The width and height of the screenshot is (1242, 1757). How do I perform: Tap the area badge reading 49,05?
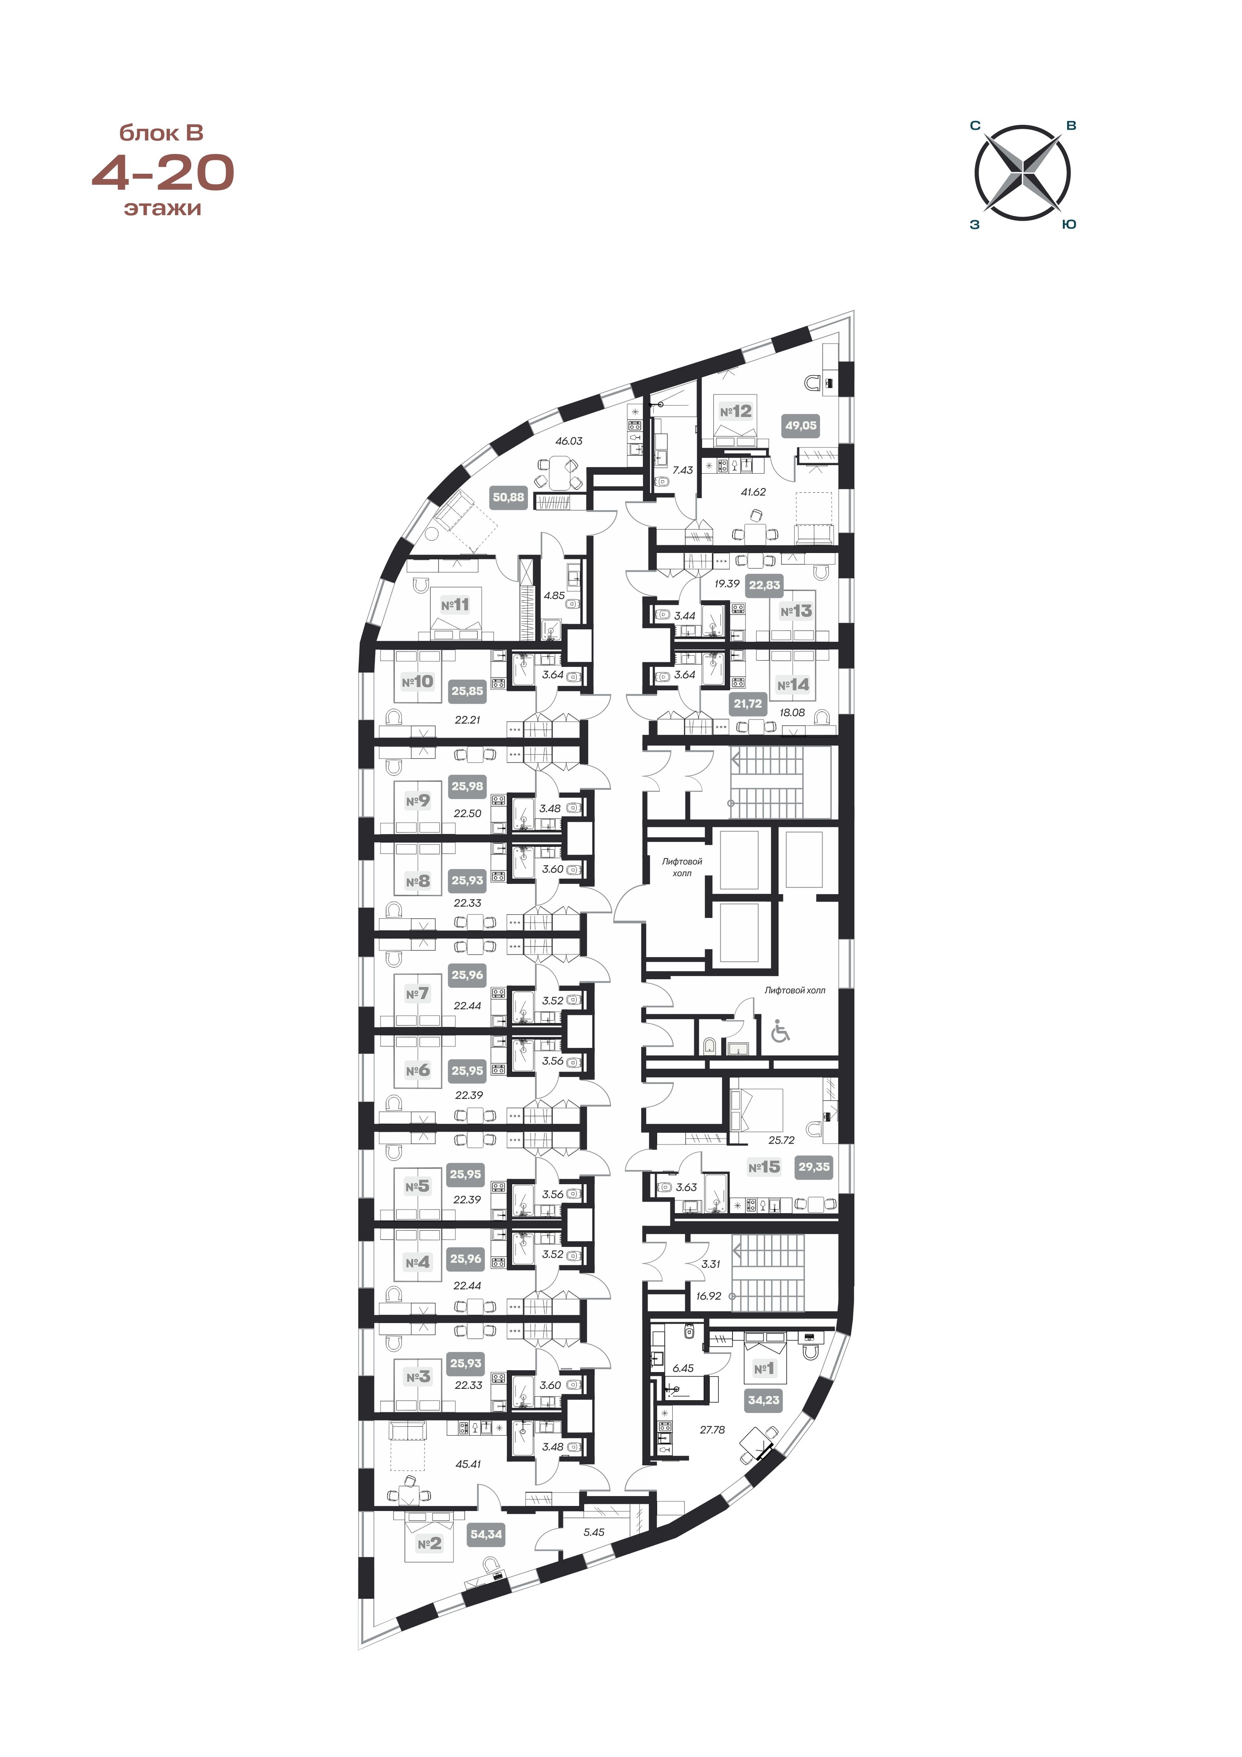[800, 426]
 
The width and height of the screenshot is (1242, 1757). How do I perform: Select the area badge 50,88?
[508, 497]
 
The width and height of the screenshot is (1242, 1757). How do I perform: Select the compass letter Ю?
[1070, 224]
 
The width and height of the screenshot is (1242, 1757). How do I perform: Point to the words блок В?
[162, 133]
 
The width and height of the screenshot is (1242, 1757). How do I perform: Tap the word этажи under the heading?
[162, 208]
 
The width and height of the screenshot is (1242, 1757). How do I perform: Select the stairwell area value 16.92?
[709, 1296]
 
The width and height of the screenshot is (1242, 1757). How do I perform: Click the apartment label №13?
[796, 611]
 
